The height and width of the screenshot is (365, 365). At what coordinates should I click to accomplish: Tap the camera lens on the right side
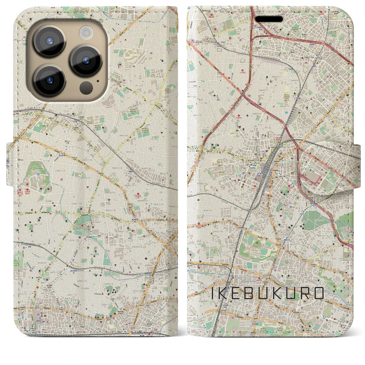86,60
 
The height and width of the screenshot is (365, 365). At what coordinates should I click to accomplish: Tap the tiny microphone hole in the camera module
98,81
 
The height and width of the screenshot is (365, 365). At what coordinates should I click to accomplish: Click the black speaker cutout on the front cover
269,19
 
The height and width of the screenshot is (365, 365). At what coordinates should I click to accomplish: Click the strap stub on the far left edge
10,166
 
